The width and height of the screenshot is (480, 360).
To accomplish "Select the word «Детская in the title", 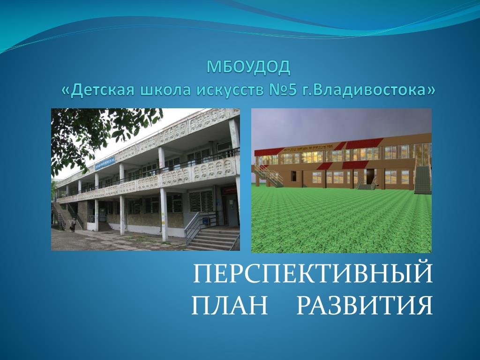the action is click(x=98, y=90).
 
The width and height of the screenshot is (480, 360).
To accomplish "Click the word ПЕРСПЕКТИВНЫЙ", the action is click(x=313, y=272).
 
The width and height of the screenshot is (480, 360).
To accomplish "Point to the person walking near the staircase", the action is click(x=73, y=225).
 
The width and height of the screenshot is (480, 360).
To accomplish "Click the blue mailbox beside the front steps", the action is click(x=204, y=218).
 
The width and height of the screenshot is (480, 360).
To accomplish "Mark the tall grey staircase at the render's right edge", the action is click(x=423, y=180).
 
